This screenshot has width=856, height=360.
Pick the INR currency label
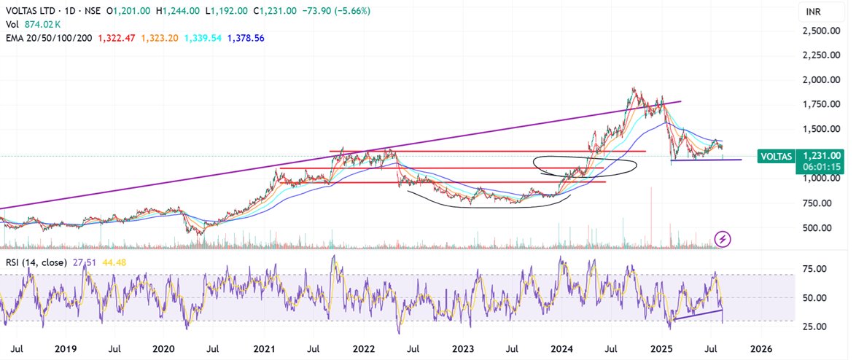click(x=809, y=12)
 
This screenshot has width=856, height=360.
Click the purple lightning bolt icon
click(x=723, y=238)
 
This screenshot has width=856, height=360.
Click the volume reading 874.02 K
click(x=44, y=24)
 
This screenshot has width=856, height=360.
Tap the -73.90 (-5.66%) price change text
click(x=342, y=12)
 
